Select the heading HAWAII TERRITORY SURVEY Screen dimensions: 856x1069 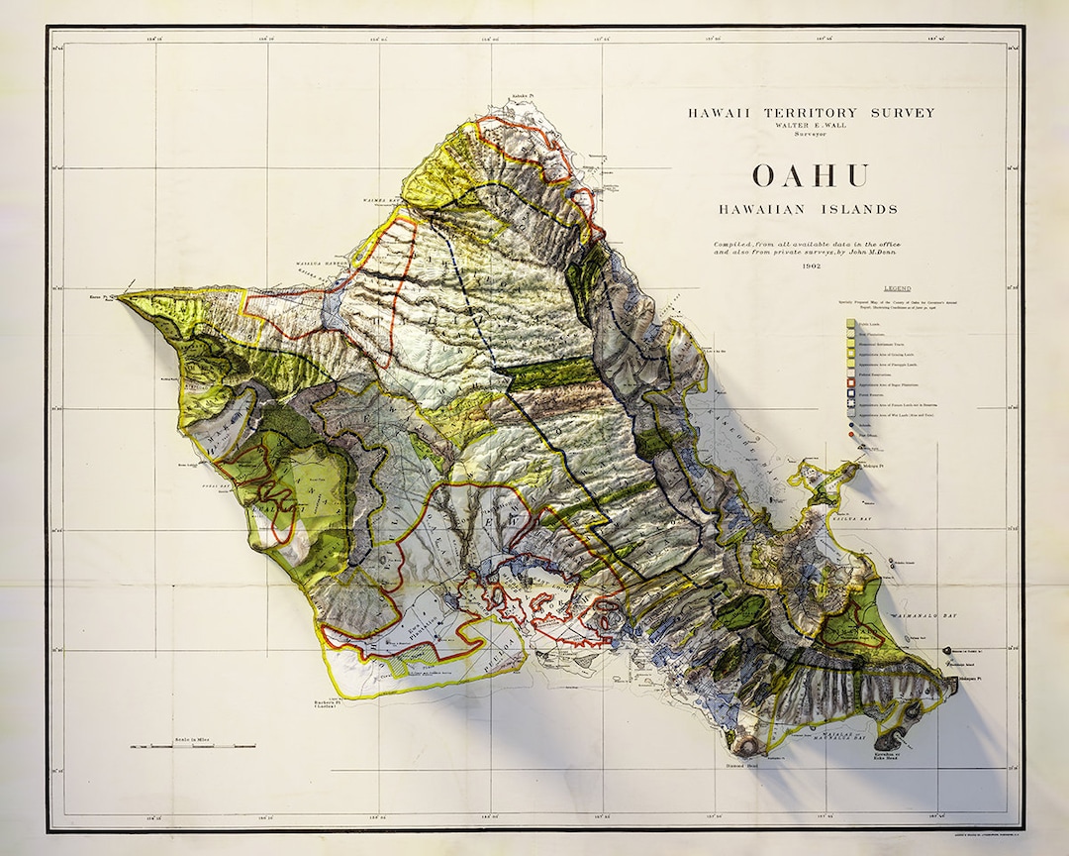(811, 113)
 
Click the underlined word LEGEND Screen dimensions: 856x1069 (898, 288)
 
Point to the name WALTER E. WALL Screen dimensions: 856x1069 (811, 126)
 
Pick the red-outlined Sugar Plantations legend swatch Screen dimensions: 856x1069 (851, 383)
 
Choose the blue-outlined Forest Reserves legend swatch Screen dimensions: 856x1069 (851, 393)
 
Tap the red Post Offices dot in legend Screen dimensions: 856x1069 (851, 435)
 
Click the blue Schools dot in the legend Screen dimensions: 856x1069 (851, 425)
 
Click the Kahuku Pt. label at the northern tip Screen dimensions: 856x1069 (521, 98)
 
